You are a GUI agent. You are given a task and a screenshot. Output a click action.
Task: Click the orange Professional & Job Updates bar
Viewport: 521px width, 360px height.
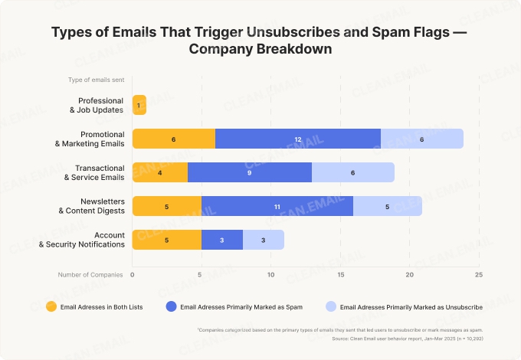tap(139, 105)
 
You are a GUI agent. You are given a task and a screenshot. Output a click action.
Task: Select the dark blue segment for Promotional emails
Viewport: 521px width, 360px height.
tap(298, 139)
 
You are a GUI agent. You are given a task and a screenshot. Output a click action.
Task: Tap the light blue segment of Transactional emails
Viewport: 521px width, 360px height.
tap(352, 172)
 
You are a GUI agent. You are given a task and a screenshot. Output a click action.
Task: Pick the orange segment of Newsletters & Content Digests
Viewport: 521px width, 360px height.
tap(166, 206)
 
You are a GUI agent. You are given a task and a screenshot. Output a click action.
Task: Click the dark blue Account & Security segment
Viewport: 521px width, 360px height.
tap(221, 240)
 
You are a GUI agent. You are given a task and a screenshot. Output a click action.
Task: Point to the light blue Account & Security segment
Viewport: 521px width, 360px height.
tap(263, 240)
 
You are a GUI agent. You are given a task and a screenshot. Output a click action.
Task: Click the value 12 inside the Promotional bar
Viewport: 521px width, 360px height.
tap(298, 139)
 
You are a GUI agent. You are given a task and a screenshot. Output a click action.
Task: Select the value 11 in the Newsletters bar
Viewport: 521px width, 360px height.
tap(277, 206)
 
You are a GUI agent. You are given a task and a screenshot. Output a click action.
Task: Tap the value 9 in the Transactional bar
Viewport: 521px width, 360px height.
tap(249, 172)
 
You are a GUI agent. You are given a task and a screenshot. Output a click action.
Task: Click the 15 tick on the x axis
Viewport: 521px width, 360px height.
tap(339, 273)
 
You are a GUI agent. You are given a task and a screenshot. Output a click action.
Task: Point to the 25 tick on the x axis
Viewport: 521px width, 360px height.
tap(478, 273)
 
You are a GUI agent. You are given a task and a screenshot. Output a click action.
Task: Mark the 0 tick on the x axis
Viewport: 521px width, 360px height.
tap(133, 273)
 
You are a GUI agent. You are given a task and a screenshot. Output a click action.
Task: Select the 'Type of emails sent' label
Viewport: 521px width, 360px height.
tap(96, 80)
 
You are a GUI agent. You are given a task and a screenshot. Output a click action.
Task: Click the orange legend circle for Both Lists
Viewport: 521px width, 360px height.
tap(51, 306)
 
